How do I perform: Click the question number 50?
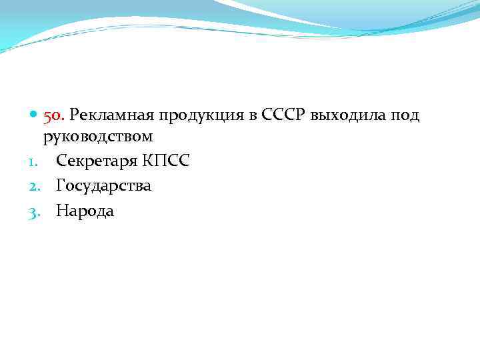point(53,116)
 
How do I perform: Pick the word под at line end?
point(404,117)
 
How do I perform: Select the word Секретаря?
point(96,161)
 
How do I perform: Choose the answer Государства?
point(103,186)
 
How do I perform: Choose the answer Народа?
point(85,211)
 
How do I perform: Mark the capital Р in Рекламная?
point(75,116)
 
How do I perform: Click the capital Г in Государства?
point(61,185)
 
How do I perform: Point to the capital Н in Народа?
point(62,211)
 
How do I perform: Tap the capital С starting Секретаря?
point(61,161)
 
